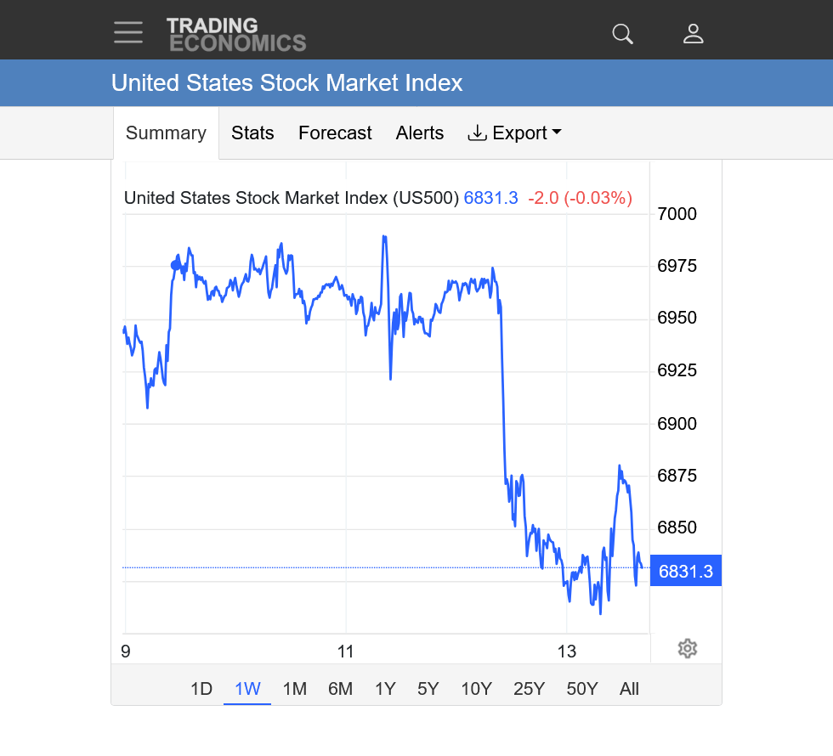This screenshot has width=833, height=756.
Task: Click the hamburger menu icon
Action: [x=128, y=32]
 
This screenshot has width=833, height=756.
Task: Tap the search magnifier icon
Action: [x=623, y=33]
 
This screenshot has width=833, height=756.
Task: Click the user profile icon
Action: [x=694, y=33]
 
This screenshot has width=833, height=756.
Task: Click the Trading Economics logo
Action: [x=235, y=34]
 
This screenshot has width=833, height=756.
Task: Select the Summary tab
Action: [x=166, y=133]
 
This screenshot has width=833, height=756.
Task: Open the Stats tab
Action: [x=252, y=133]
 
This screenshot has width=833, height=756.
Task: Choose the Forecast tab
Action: [x=335, y=133]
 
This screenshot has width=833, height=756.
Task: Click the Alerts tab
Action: [x=420, y=133]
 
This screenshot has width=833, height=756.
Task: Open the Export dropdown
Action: [x=515, y=133]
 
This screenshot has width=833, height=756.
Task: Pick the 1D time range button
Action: [x=201, y=689]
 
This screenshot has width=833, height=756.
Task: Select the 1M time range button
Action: [x=294, y=689]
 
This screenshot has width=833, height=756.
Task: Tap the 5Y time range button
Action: [x=428, y=689]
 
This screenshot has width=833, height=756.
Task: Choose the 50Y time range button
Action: [x=582, y=689]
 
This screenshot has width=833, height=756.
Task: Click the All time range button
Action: [x=629, y=689]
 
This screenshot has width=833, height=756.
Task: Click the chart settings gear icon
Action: [x=688, y=649]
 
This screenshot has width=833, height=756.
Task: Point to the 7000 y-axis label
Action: [x=677, y=214]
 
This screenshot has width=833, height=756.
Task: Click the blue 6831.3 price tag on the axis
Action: [x=685, y=572]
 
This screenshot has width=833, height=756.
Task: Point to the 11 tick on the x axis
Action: [x=345, y=652]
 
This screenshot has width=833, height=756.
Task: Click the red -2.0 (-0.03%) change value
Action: [x=580, y=199]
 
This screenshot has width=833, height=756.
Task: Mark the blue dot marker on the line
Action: [x=175, y=265]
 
